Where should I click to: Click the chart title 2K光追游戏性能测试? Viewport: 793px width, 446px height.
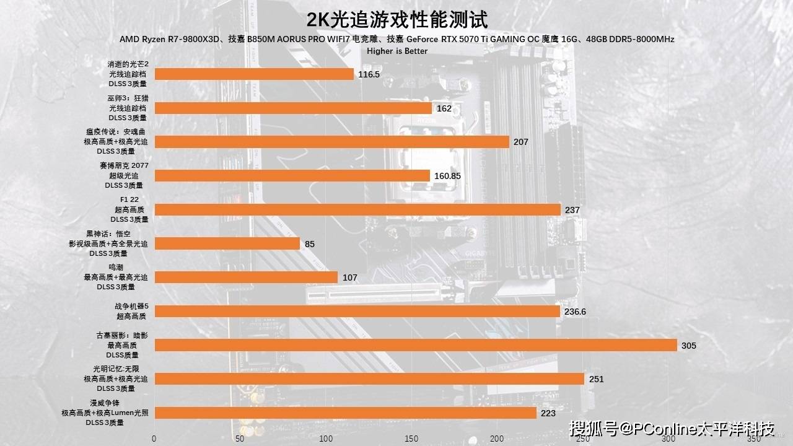[x=396, y=20]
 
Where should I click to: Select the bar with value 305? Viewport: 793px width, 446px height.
[x=415, y=345]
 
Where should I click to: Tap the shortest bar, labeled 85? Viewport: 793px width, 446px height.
[x=227, y=243]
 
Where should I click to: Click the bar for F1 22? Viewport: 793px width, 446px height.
[x=357, y=210]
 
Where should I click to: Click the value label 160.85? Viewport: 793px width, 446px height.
[x=448, y=176]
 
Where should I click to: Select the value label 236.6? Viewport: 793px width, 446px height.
[x=575, y=312]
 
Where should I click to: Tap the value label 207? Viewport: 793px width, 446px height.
[x=520, y=142]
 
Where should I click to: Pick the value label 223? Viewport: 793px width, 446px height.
[x=548, y=413]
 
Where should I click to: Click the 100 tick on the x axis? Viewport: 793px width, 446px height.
[x=326, y=439]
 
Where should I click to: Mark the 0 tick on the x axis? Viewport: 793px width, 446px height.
[x=154, y=439]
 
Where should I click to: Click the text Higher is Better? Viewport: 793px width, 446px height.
[x=396, y=51]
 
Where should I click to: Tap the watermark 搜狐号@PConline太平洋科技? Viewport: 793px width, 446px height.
[x=672, y=429]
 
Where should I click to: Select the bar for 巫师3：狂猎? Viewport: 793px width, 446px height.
[x=293, y=108]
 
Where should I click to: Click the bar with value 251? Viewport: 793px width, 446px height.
[x=369, y=378]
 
